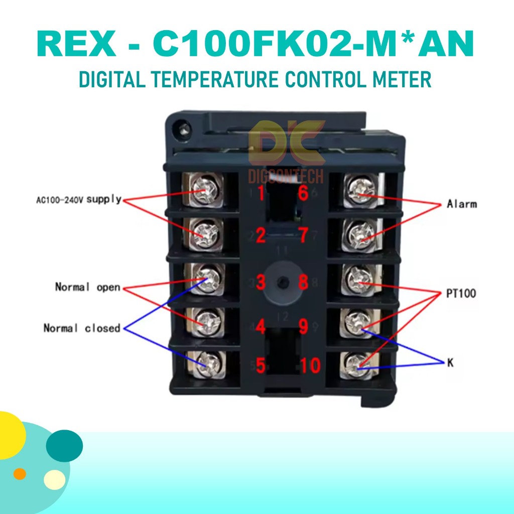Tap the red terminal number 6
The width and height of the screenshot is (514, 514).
[303, 192]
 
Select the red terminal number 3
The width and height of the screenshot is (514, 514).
[260, 283]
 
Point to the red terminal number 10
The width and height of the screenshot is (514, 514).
[310, 365]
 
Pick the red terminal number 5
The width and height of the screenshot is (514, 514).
[260, 365]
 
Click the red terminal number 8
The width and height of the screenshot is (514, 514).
[303, 283]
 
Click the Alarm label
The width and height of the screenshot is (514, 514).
[462, 204]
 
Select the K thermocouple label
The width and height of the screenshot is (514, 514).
[450, 362]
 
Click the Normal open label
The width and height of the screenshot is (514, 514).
[87, 288]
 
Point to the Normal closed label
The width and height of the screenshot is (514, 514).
[82, 328]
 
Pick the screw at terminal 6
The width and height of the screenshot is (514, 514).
[360, 191]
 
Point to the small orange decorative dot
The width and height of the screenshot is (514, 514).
[20, 473]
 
